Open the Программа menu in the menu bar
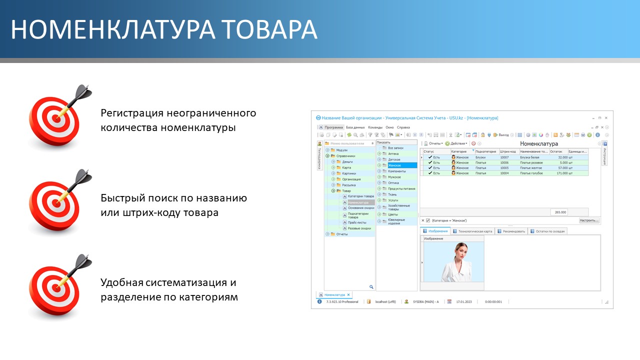(333, 127)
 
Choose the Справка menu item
(403, 127)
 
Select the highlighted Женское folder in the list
(394, 165)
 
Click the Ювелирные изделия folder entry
(396, 222)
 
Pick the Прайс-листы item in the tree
(356, 222)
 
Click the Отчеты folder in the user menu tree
(342, 234)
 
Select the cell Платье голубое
(531, 173)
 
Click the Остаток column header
(556, 151)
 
